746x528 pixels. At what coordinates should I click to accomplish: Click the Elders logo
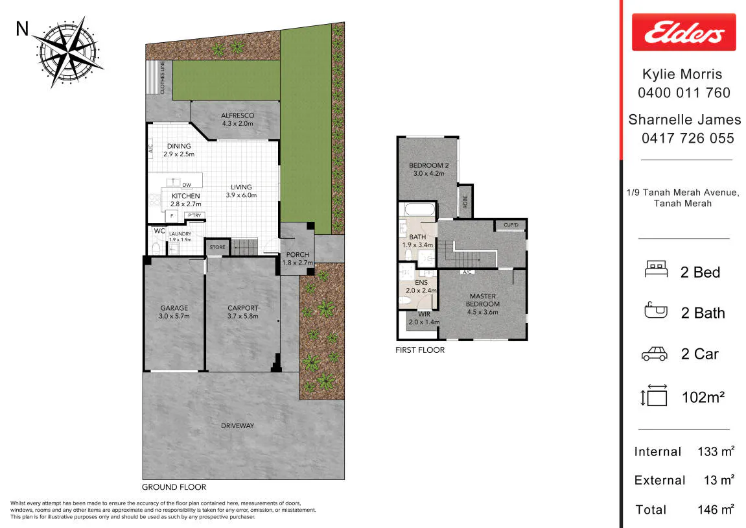coord(684,32)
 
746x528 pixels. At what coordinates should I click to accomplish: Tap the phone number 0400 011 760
coord(684,93)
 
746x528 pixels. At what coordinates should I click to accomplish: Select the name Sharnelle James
coord(684,119)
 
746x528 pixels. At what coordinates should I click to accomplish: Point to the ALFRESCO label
coord(237,115)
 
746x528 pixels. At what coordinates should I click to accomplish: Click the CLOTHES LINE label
coord(162,77)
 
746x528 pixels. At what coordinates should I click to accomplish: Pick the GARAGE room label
coord(174,308)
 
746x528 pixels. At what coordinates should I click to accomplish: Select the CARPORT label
coord(242,308)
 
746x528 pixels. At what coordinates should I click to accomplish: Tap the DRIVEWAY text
coord(237,426)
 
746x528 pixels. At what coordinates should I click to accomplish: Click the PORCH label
coord(297,255)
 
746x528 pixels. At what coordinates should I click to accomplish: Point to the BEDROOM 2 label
coord(428,165)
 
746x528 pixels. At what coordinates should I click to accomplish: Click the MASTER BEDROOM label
coord(482,300)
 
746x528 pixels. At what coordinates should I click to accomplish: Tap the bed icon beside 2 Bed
coord(656,269)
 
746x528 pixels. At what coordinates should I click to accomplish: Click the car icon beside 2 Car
coord(655,354)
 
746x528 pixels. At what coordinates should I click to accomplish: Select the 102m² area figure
coord(703,397)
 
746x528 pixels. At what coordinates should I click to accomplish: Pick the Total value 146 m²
coord(716,509)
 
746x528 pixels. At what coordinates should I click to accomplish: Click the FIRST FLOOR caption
coord(420,350)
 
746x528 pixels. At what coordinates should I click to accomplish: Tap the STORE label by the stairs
coord(217,247)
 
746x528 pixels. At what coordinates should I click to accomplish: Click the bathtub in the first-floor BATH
coord(419,210)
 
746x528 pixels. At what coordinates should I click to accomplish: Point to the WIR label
coord(424,314)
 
